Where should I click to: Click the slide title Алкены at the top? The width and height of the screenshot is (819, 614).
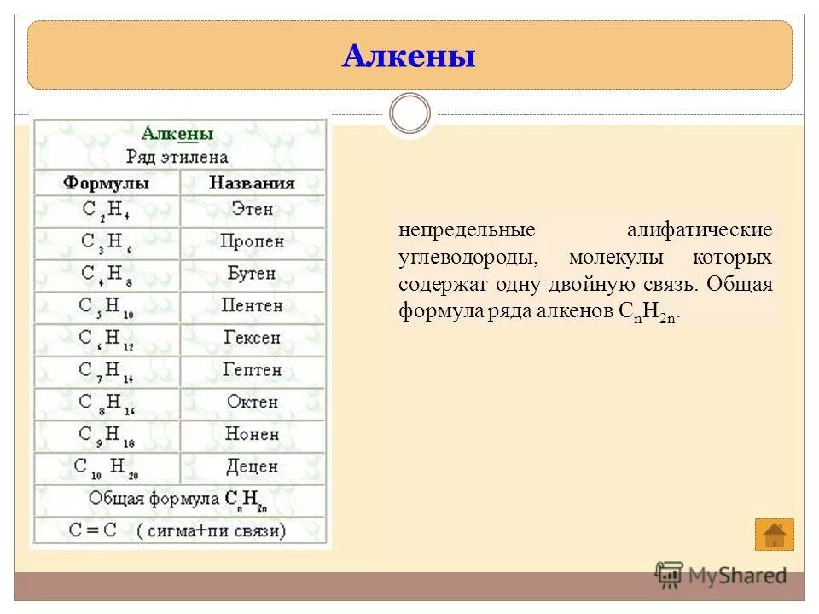tap(409, 57)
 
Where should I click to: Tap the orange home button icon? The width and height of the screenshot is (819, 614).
tap(774, 535)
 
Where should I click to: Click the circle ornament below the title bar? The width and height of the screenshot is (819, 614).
tap(410, 114)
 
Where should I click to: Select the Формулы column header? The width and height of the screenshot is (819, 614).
tap(107, 183)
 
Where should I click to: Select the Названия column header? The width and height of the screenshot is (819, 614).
tap(253, 183)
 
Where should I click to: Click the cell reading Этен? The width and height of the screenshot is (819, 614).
tap(253, 210)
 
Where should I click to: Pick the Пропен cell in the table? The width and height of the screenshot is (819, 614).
tap(253, 242)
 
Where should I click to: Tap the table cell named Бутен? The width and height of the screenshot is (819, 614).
tap(253, 274)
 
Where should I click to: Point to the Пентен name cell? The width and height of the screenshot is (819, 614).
tap(253, 306)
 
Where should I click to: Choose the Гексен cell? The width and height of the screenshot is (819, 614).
tap(253, 338)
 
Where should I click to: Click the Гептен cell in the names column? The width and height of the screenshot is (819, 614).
tap(253, 370)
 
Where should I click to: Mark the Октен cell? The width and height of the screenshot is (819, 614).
tap(253, 403)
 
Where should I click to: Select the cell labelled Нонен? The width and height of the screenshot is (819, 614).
tap(253, 435)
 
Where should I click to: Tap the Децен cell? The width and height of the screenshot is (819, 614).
tap(253, 467)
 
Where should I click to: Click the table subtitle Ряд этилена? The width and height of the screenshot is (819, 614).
tap(177, 157)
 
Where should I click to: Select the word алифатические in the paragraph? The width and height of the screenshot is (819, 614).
tap(700, 230)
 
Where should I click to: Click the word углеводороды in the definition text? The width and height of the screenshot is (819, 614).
tap(466, 258)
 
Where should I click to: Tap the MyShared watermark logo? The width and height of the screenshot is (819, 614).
tap(721, 576)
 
